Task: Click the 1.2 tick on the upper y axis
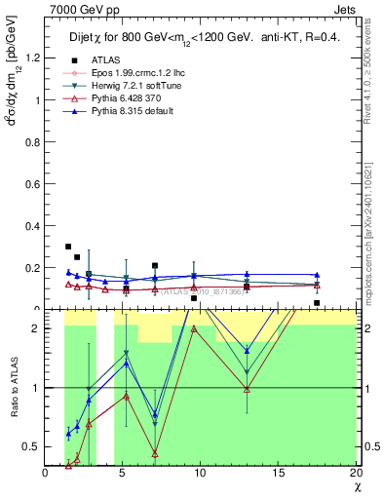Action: [x=35, y=58]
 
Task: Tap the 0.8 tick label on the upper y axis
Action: [x=35, y=141]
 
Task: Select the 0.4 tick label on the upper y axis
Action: [x=35, y=226]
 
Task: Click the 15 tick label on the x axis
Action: [x=278, y=473]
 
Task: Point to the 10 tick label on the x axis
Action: [x=200, y=473]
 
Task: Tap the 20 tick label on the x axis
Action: [x=355, y=473]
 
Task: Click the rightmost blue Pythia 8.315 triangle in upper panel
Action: [x=317, y=275]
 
